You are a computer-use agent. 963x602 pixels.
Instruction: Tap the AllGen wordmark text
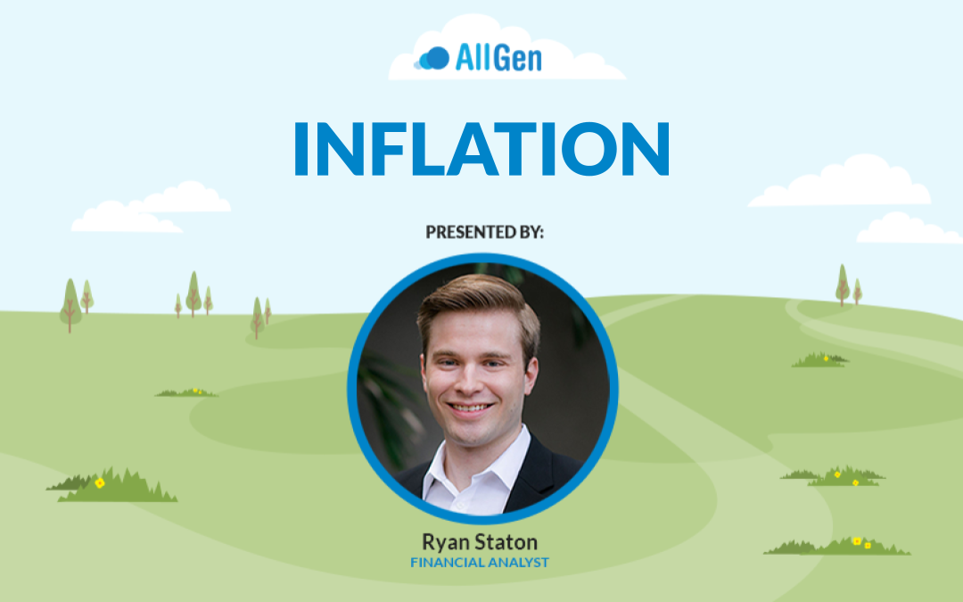click(x=498, y=58)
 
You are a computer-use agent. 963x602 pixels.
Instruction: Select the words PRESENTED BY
click(x=484, y=232)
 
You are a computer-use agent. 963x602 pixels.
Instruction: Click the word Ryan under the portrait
click(x=445, y=543)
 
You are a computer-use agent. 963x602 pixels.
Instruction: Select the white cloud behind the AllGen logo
click(x=506, y=49)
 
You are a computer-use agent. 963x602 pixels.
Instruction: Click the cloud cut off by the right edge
click(x=909, y=228)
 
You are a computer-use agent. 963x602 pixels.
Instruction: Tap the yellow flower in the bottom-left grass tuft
click(x=100, y=482)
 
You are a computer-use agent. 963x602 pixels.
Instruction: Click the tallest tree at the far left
click(x=70, y=305)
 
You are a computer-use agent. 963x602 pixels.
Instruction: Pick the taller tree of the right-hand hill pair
click(x=843, y=285)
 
